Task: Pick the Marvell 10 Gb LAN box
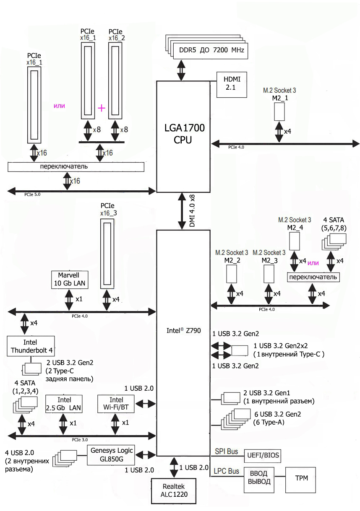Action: (69, 279)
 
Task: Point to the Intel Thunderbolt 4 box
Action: (31, 346)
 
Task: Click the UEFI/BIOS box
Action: (263, 455)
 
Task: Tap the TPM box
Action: (301, 478)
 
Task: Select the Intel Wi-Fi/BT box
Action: (116, 403)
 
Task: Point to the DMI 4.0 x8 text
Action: (193, 211)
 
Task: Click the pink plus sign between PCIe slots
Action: (101, 108)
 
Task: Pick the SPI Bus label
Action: (226, 451)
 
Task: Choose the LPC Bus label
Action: (227, 471)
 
